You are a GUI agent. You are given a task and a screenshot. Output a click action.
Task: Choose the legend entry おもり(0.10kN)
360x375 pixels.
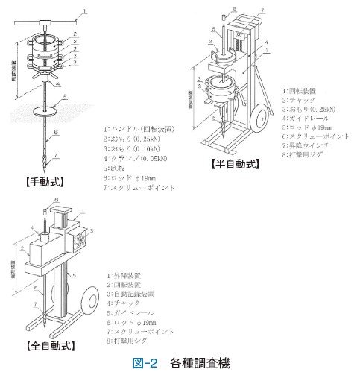pyautogui.click(x=137, y=149)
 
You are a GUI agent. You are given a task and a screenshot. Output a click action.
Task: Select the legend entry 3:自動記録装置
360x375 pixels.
pyautogui.click(x=137, y=294)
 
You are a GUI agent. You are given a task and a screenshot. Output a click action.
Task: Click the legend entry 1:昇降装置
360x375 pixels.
pyautogui.click(x=128, y=276)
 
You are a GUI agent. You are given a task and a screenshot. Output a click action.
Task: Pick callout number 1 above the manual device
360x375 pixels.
pyautogui.click(x=86, y=11)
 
